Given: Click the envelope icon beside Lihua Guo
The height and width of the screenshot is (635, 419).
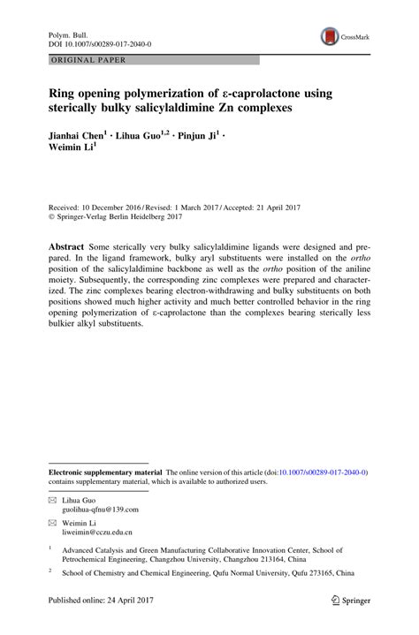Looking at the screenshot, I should (x=52, y=500).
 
